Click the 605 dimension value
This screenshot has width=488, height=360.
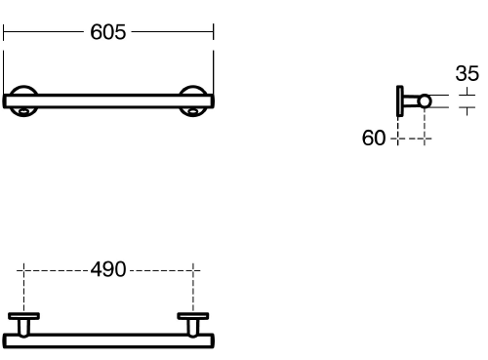point(107,32)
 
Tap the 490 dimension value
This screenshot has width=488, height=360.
point(108,269)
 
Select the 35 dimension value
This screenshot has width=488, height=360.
point(468,73)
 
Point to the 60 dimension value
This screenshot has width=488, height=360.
point(374,138)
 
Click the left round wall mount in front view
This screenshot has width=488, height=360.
point(23,89)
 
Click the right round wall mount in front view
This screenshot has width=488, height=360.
point(193,89)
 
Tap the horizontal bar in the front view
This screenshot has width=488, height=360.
point(108,101)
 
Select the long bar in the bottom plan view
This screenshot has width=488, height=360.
point(108,340)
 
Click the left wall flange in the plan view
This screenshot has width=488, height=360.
point(23,316)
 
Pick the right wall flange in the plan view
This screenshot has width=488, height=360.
point(193,316)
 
